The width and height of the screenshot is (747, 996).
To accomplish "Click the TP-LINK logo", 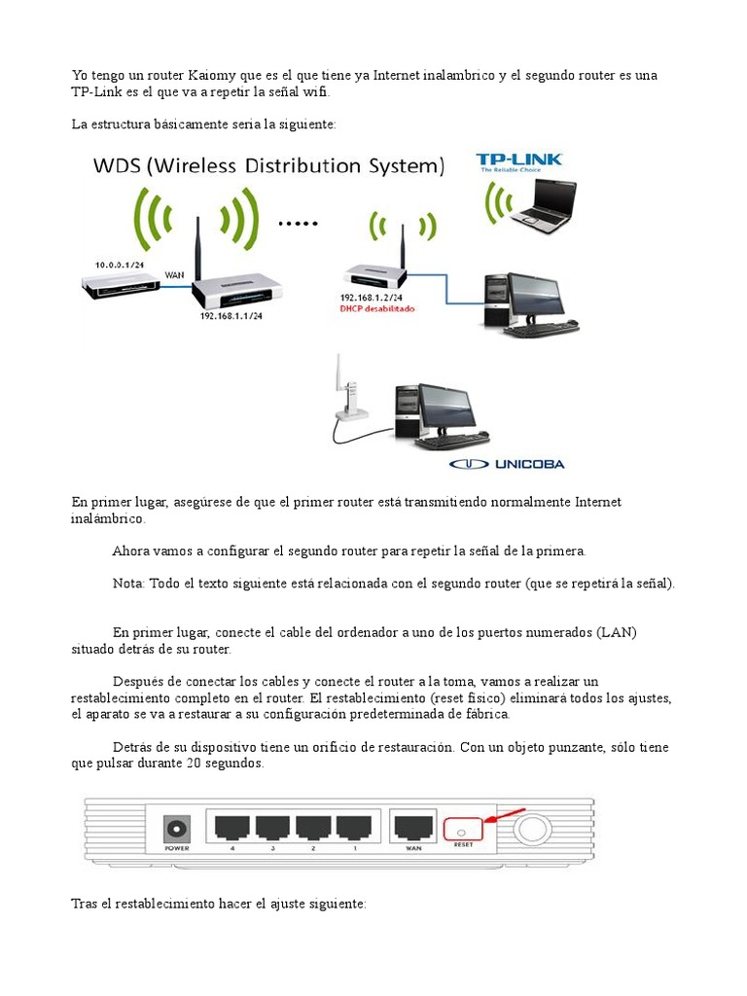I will point(518,162).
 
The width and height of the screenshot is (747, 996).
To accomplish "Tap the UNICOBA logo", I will point(507,464).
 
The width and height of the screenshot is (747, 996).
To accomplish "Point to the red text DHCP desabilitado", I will point(377,308).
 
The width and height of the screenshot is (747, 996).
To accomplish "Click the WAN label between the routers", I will point(175,275).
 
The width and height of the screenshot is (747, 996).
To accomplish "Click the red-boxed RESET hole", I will point(462,830).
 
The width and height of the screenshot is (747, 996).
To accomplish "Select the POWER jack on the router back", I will point(176,829).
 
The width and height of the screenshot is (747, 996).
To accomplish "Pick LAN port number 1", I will point(354,827).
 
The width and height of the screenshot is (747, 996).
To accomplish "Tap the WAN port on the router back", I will point(411,827).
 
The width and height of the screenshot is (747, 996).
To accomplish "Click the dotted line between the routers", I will point(299,223).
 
